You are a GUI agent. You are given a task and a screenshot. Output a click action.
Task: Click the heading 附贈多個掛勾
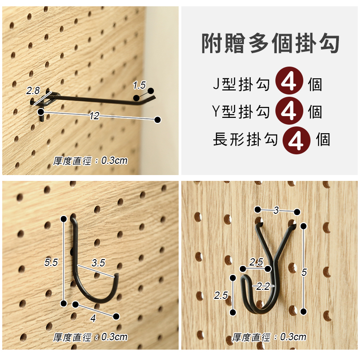(270, 43)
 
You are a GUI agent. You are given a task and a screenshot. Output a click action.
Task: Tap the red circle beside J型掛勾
(289, 81)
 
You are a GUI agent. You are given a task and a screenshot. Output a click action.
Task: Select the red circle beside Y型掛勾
(289, 111)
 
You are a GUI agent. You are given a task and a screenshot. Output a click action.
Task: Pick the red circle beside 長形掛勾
(297, 140)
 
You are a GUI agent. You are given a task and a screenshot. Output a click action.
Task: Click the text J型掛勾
(241, 85)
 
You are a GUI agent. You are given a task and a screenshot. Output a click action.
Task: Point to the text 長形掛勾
(245, 139)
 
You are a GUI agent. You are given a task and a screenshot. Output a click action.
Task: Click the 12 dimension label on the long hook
(94, 116)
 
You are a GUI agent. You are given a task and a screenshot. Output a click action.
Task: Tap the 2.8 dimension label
(33, 91)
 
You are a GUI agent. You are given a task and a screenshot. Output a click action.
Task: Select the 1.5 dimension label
(139, 85)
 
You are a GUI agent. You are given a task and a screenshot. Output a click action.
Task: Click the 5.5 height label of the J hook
(51, 262)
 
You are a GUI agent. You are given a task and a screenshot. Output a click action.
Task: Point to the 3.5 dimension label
(98, 263)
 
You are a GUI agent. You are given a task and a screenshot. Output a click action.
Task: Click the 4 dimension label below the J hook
(93, 318)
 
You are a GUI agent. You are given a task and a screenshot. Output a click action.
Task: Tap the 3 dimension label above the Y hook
(276, 210)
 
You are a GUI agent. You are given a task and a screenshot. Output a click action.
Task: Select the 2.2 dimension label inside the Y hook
(263, 286)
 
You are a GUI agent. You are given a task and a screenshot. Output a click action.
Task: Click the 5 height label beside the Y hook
(304, 272)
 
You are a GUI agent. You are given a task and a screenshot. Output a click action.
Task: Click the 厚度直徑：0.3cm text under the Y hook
(269, 337)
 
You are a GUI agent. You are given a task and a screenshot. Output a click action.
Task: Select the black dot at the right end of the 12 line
(157, 120)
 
